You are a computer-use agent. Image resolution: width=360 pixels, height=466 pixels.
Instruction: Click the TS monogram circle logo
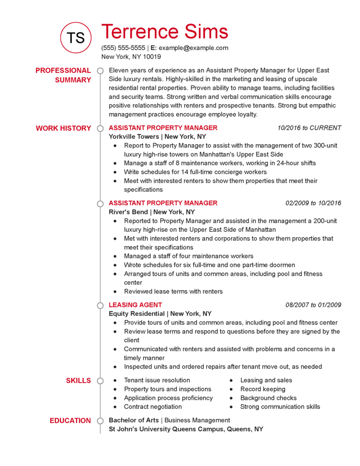pos(76,37)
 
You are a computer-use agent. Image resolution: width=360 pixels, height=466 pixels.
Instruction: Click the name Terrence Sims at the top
pos(164,31)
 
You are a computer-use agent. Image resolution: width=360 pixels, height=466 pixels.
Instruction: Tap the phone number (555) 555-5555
pos(123,48)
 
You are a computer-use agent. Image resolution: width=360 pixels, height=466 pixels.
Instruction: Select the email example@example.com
pos(193,48)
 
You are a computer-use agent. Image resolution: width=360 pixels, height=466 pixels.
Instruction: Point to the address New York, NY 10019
pos(131,57)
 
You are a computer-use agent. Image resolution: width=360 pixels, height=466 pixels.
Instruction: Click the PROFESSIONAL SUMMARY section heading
pos(63,75)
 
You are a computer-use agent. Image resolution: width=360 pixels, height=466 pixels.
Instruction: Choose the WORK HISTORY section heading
pos(63,128)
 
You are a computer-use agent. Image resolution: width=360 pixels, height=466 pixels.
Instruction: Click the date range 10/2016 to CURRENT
pos(309,128)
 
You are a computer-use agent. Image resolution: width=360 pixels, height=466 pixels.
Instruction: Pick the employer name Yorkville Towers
pos(134,137)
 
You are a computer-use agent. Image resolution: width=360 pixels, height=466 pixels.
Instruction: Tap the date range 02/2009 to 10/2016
pos(313,203)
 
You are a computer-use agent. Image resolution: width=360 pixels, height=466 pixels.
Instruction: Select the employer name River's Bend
pos(128,212)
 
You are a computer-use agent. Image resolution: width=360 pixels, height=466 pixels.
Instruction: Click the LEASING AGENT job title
pos(135,305)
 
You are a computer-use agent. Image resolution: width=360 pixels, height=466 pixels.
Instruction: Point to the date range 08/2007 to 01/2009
pos(313,305)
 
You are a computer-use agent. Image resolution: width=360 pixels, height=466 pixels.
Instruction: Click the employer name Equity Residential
pos(137,314)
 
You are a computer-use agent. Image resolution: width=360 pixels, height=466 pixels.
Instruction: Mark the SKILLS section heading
pos(78,380)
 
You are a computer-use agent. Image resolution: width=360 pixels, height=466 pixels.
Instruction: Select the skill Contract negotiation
pos(153,407)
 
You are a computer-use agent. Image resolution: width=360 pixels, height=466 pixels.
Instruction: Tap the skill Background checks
pos(269,398)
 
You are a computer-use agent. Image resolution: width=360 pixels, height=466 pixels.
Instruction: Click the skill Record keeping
pos(263,389)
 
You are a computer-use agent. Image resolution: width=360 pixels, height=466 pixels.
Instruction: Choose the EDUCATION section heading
pos(70,420)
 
